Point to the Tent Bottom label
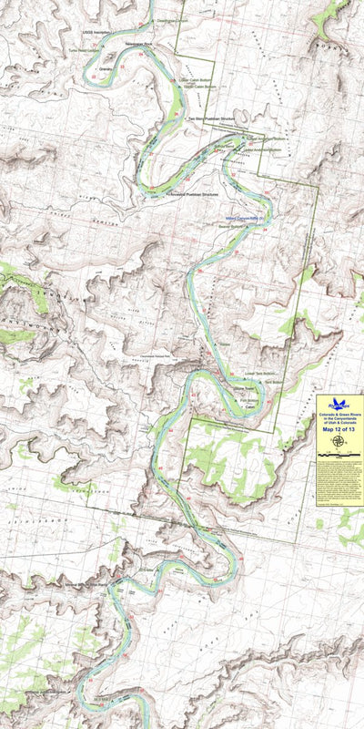(x=264, y=374)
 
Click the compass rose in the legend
(x=339, y=441)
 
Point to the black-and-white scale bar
(x=339, y=453)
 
